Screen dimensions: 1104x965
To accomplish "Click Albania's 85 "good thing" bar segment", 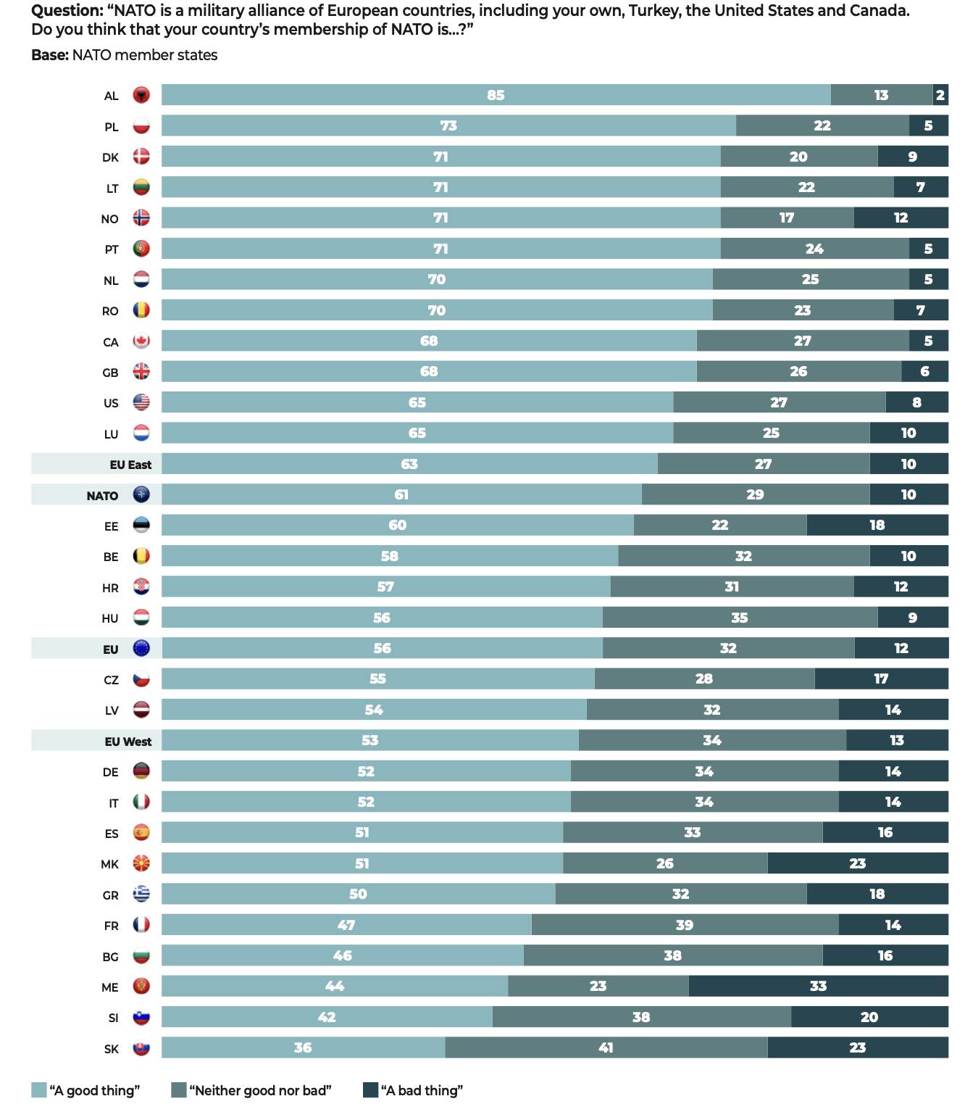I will (496, 95).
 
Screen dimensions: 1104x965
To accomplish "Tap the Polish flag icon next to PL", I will (141, 126).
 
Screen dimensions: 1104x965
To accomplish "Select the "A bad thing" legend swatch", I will (370, 1090).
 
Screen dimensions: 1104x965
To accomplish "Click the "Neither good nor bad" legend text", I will (260, 1090).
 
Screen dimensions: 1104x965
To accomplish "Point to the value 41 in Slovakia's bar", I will (606, 1047).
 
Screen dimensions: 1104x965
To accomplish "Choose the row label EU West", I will (128, 741).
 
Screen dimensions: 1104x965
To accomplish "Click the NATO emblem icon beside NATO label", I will (141, 495).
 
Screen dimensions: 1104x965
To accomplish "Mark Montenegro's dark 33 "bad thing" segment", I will (818, 986).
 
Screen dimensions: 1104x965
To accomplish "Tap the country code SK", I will (111, 1049).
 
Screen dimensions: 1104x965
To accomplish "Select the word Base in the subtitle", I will (49, 55).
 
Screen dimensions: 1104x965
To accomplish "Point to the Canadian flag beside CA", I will (141, 341).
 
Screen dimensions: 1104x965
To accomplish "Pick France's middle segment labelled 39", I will (685, 925).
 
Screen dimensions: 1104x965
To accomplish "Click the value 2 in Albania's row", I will (940, 95).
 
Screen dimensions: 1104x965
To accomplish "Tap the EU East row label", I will (130, 465).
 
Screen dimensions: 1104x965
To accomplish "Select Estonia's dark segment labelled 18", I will (877, 525).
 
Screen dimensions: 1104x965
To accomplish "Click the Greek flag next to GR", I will (141, 895).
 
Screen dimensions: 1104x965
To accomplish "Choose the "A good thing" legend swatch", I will (39, 1090).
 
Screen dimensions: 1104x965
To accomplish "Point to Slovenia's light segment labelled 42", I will (327, 1017).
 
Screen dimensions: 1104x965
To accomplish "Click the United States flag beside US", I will (141, 403).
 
